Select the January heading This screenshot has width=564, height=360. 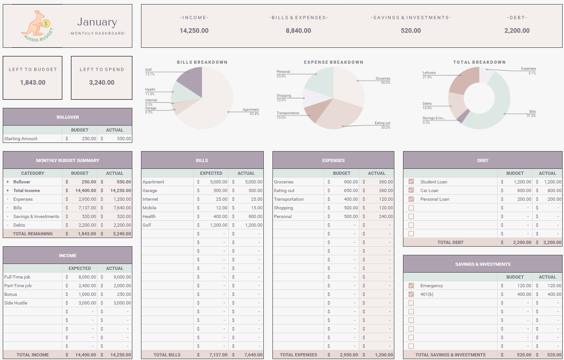pos(97,22)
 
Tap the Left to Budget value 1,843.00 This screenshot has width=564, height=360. pos(33,82)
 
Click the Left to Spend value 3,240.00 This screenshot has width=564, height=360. pos(101,82)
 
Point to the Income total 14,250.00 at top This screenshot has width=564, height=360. pos(194,30)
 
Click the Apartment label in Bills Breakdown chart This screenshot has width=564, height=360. pos(251,110)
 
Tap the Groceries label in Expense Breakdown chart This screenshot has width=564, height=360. pos(383,79)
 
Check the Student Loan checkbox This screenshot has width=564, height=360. pos(411,182)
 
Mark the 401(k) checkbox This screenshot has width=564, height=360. pos(411,294)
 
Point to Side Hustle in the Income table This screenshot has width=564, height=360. pos(16,303)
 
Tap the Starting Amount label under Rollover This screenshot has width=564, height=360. pos(21,139)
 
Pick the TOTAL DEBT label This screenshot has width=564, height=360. pos(450,243)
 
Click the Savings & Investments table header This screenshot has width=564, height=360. pos(483,264)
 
